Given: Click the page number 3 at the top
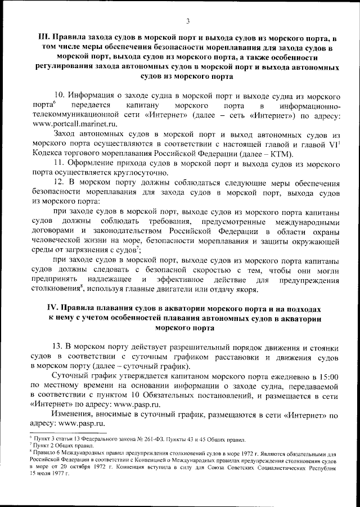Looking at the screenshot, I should [188, 21].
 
